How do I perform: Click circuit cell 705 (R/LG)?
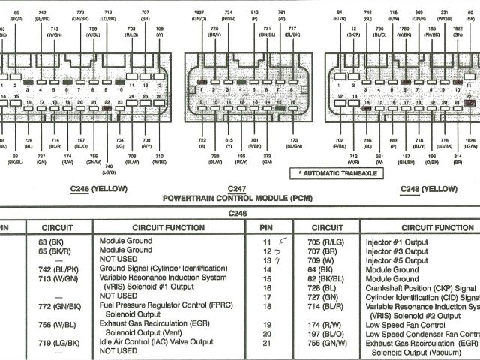[x=324, y=241]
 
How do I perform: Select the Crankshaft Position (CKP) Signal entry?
[x=421, y=288]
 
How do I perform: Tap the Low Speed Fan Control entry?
[x=406, y=325]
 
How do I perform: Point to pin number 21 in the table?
[x=266, y=342]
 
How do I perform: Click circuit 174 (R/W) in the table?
[x=322, y=325]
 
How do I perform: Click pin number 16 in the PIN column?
[x=266, y=288]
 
